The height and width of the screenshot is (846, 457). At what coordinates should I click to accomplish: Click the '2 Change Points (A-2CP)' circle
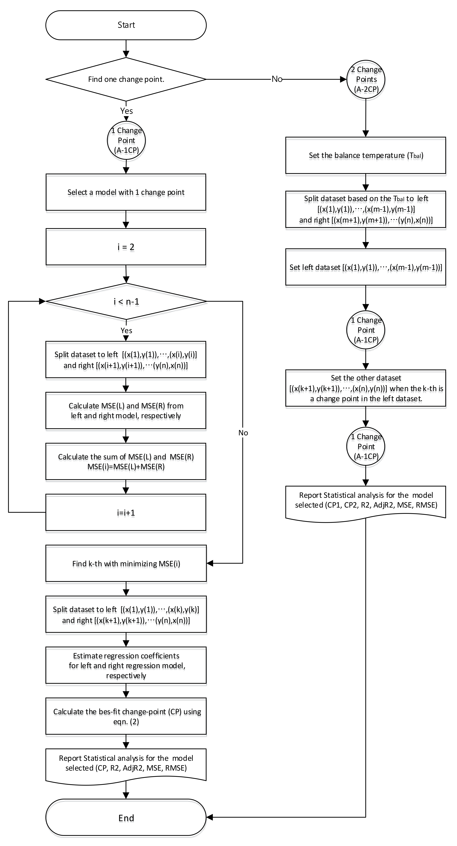pyautogui.click(x=366, y=79)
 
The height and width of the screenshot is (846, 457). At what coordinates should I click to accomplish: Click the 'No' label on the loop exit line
pyautogui.click(x=243, y=433)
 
